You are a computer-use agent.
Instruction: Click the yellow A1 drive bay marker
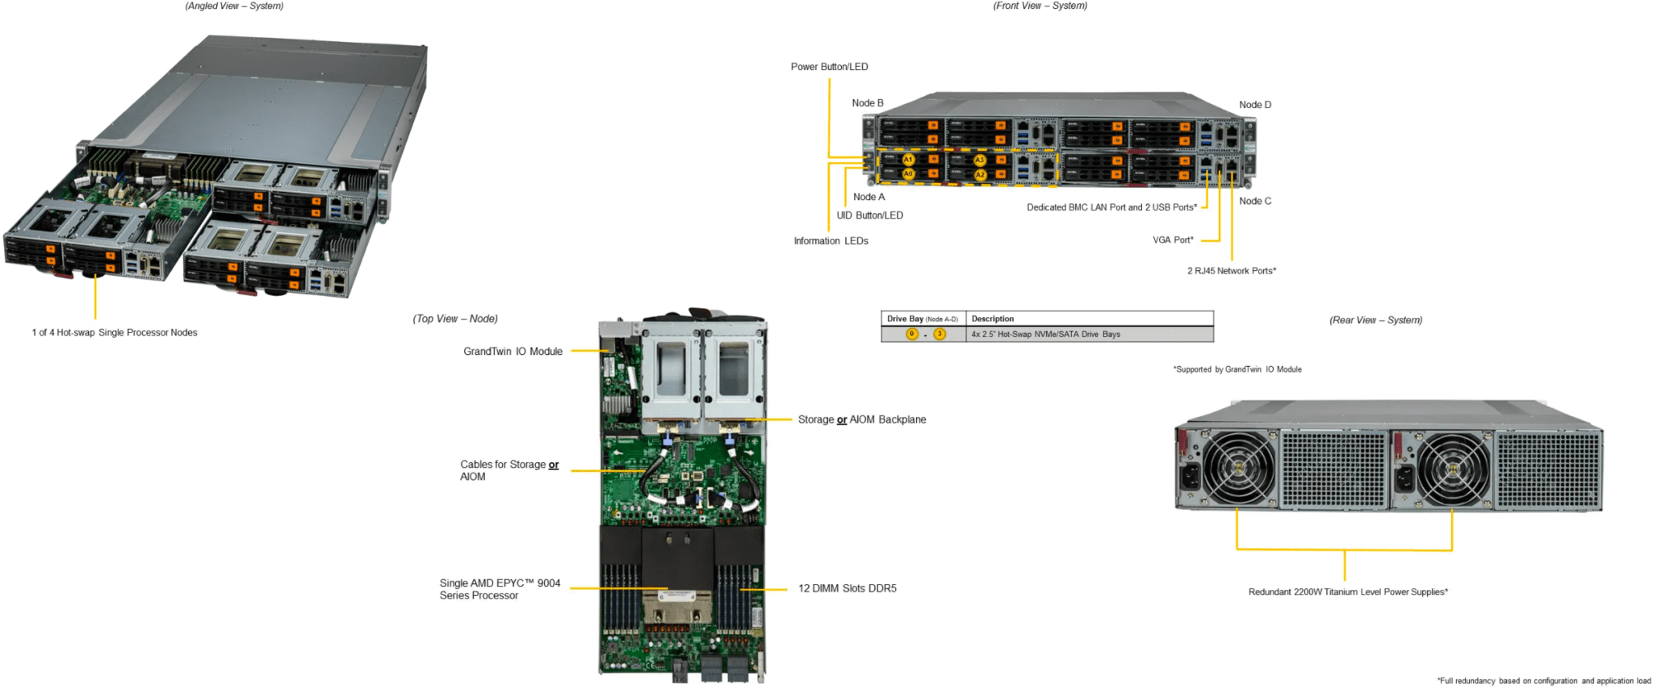point(908,160)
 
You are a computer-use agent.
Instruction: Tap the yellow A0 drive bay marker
point(908,173)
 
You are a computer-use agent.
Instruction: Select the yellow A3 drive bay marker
point(980,161)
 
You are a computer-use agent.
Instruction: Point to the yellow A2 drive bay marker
point(980,174)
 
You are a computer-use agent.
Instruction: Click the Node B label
point(868,103)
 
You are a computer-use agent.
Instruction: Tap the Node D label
point(1255,105)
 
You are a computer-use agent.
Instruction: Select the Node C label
point(1255,201)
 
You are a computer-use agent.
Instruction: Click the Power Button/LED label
point(829,67)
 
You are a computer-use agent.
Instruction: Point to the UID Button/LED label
point(869,215)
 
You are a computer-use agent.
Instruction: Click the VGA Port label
point(1173,240)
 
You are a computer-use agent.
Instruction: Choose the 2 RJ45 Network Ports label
point(1231,271)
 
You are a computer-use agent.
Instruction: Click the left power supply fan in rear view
point(1237,468)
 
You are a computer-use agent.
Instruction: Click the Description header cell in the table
point(993,319)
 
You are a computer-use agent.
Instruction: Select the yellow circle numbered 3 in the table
point(939,334)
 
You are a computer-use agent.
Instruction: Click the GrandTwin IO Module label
point(513,352)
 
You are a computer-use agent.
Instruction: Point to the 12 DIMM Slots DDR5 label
point(847,589)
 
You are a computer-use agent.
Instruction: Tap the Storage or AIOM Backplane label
point(861,419)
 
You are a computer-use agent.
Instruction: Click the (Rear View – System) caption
point(1375,320)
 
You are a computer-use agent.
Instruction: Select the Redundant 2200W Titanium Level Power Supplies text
point(1348,592)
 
